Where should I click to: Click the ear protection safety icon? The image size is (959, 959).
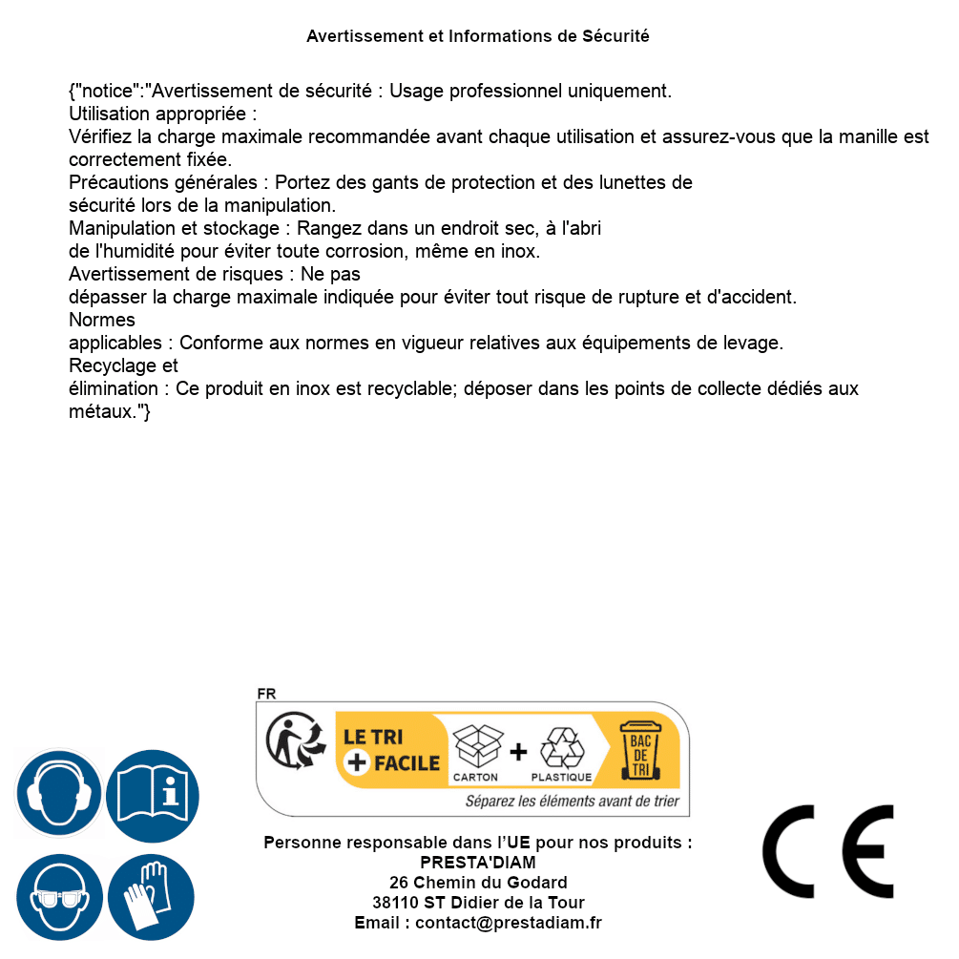click(59, 794)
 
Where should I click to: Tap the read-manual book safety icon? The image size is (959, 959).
click(153, 794)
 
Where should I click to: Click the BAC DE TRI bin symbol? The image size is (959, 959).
click(639, 750)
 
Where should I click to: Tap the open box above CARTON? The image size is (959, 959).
click(476, 746)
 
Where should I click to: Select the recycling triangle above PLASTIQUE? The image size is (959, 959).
click(561, 748)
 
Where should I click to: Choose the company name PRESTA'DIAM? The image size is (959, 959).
click(478, 863)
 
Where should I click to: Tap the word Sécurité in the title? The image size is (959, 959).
click(615, 36)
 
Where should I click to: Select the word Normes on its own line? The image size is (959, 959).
click(102, 320)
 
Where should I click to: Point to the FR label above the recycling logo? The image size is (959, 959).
click(266, 695)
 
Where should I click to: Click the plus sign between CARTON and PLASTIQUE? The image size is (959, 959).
click(518, 752)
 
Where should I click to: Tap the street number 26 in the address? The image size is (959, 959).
click(399, 883)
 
